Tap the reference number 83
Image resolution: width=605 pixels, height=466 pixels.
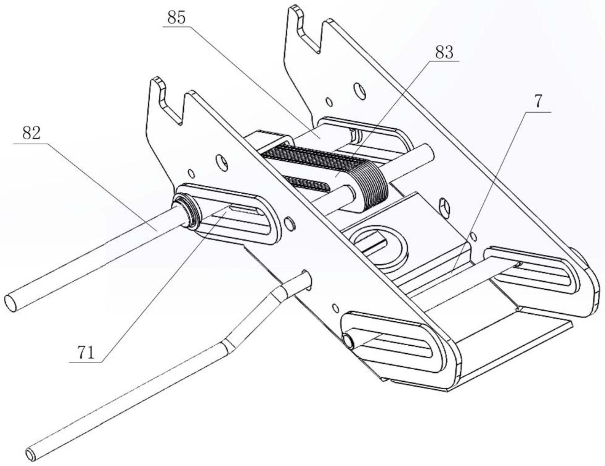tap(444, 52)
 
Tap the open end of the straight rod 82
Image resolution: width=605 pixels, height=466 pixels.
tap(11, 303)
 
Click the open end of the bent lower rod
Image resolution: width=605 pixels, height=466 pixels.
tap(31, 454)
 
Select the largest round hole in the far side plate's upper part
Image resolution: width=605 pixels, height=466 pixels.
tap(360, 90)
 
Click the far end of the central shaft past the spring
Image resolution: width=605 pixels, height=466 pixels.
tap(426, 151)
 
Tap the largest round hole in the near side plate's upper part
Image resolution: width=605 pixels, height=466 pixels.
tap(222, 162)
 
